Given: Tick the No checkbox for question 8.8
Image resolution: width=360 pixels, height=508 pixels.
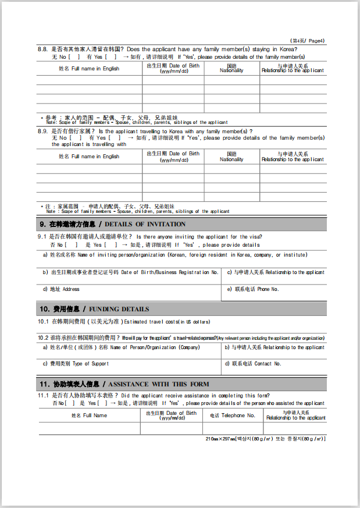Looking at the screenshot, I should click(74, 57).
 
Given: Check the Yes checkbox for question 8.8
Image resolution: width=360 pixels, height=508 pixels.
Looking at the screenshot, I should click(111, 57).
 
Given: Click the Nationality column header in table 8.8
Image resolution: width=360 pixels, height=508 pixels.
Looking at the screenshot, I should click(231, 69).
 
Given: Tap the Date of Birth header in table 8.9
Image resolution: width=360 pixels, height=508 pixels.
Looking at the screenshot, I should click(173, 157).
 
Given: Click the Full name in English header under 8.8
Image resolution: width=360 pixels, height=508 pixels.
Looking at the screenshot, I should click(89, 69).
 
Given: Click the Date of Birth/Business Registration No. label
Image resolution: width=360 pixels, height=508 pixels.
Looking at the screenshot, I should click(130, 272).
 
